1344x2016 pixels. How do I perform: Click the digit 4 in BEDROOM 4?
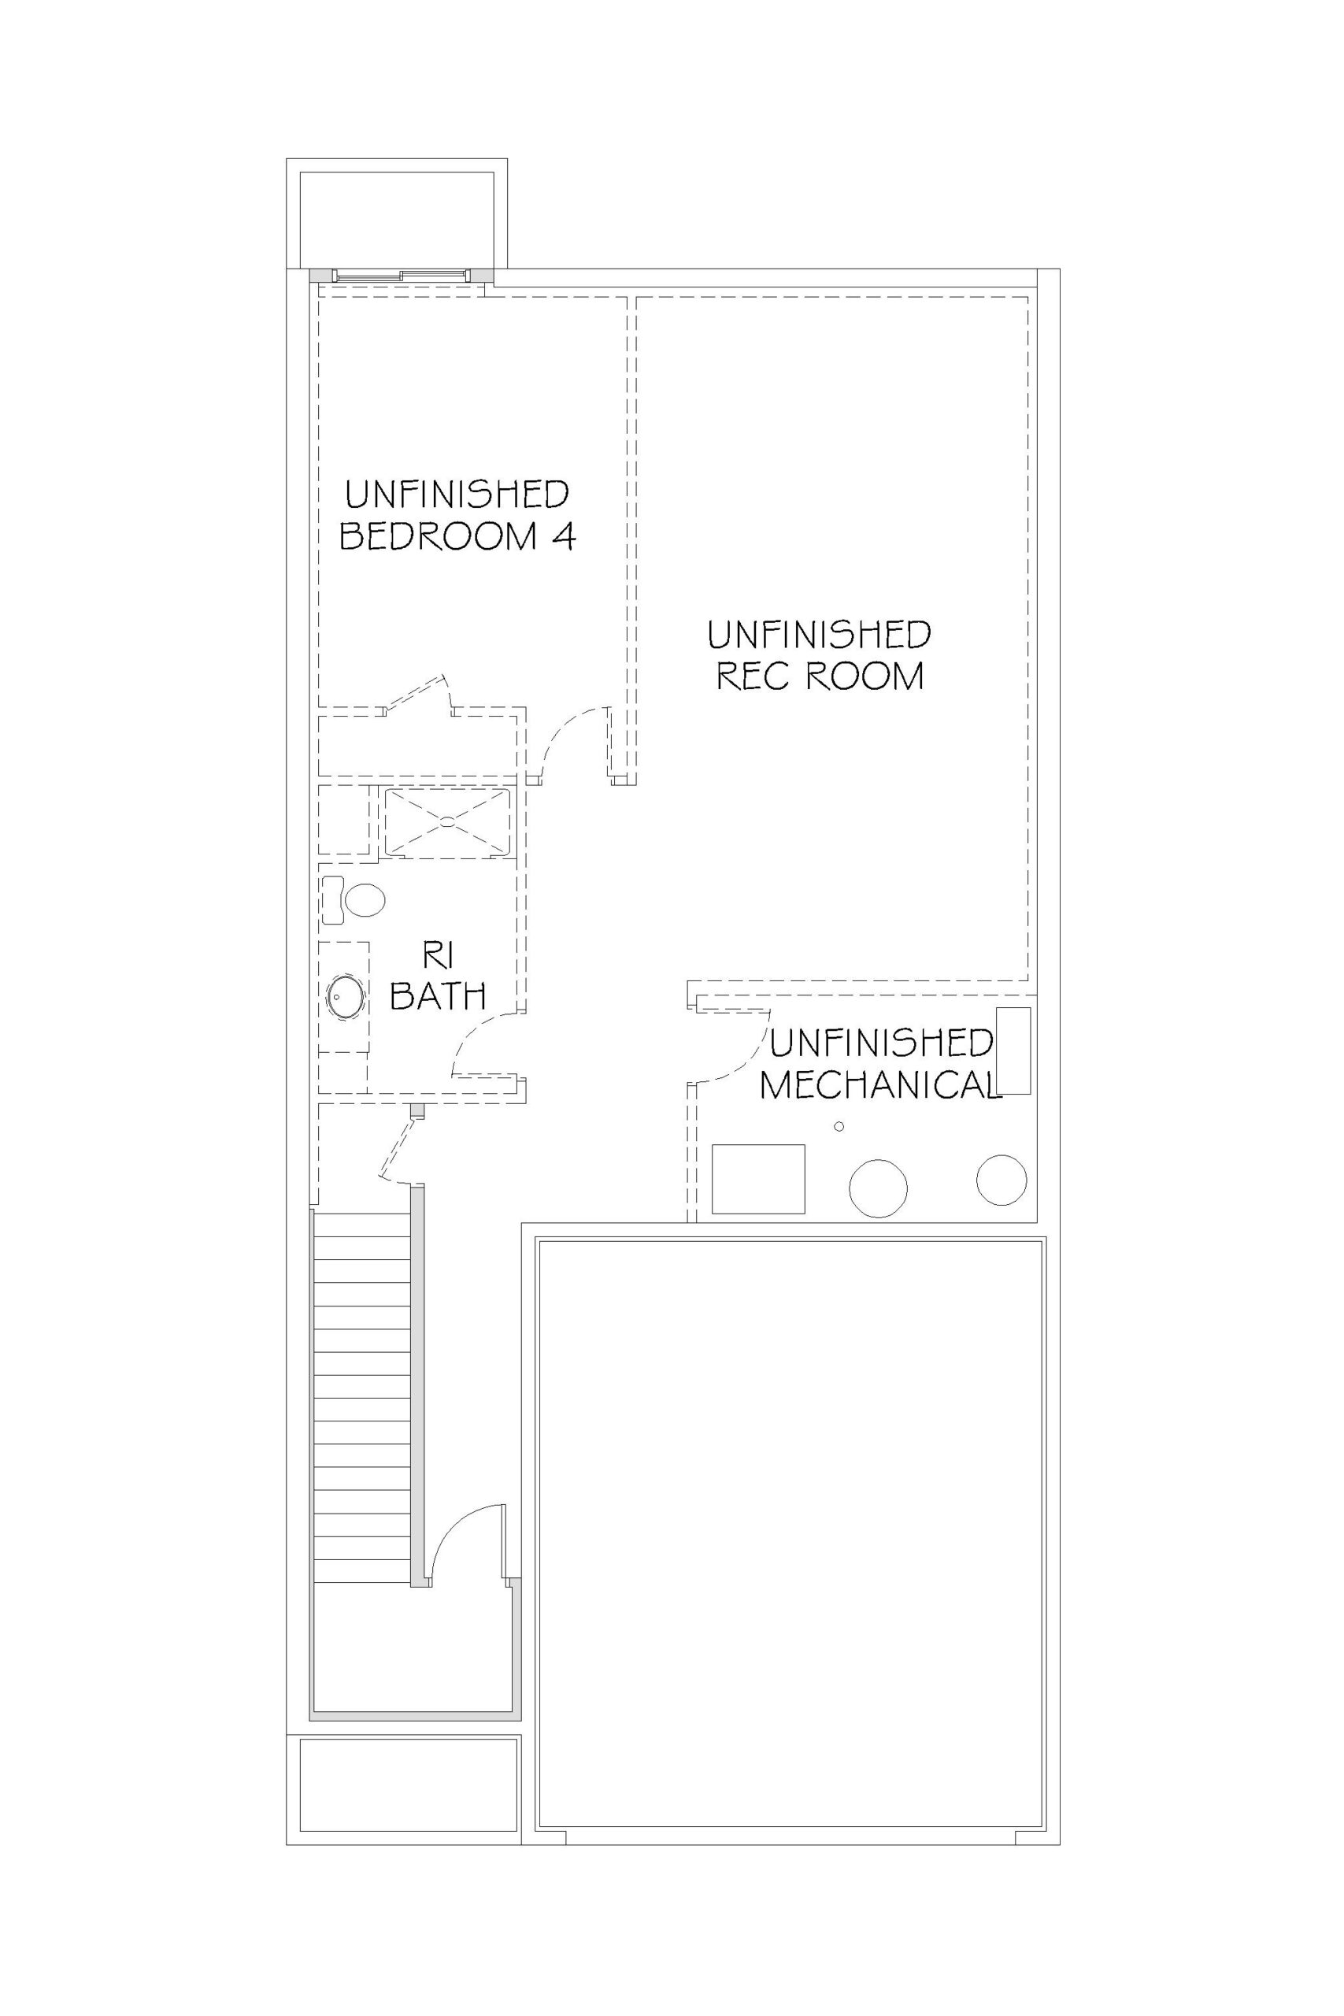coord(563,535)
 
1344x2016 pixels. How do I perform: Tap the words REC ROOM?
coord(820,676)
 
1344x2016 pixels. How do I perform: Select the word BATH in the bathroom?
coord(439,996)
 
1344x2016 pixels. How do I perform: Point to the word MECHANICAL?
coord(880,1085)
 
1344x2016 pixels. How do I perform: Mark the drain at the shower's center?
coord(447,821)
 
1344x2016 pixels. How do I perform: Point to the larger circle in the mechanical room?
coord(878,1189)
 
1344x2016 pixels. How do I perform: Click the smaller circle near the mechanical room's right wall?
coord(1002,1180)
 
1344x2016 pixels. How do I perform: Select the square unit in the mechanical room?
coord(758,1179)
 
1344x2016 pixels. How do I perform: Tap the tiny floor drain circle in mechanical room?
coord(839,1126)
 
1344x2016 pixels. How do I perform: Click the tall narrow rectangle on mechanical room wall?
coord(1014,1051)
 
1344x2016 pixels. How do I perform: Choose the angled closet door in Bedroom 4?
coord(416,694)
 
